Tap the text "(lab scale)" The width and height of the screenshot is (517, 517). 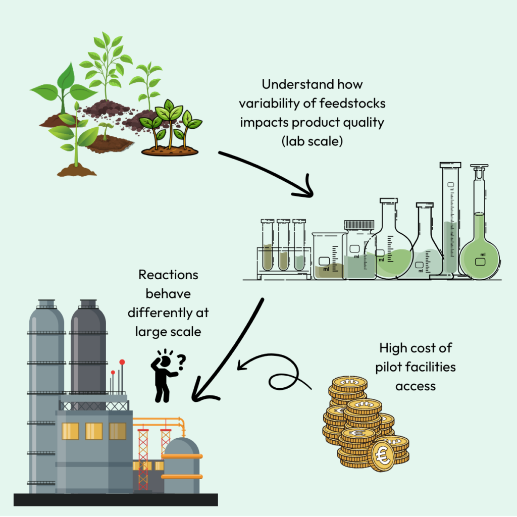pyautogui.click(x=312, y=141)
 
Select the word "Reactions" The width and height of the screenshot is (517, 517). pyautogui.click(x=168, y=275)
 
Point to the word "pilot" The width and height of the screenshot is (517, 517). pyautogui.click(x=390, y=367)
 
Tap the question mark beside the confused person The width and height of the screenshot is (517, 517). pyautogui.click(x=181, y=359)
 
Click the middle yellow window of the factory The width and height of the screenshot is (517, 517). pyautogui.click(x=93, y=431)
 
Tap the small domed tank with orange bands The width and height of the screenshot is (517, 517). pyautogui.click(x=182, y=464)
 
